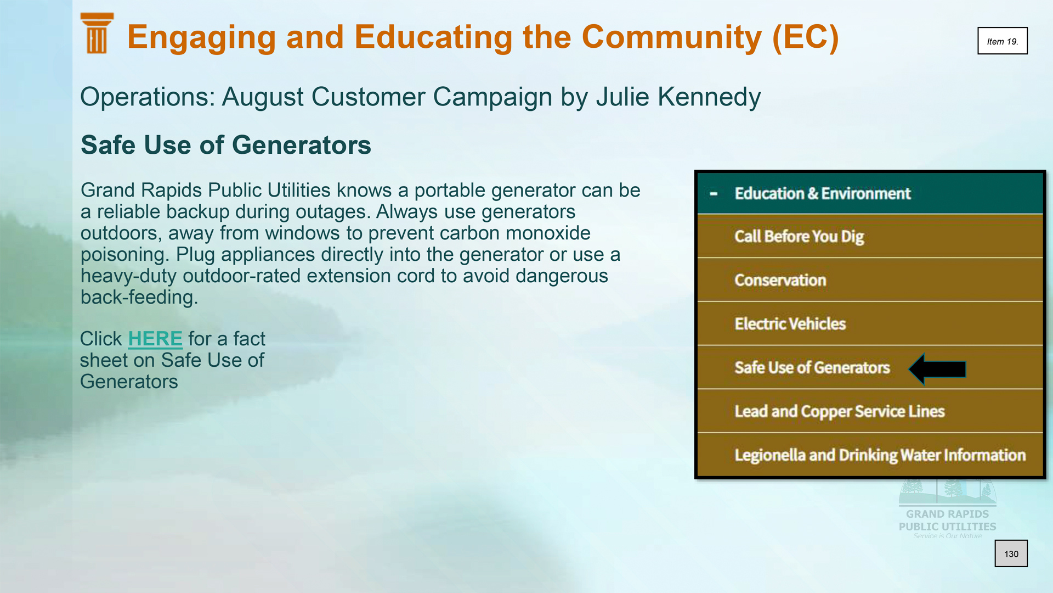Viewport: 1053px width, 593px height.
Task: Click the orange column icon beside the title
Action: pos(97,33)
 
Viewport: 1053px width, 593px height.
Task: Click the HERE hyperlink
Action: pos(155,339)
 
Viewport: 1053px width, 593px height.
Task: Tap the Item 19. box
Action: pos(1003,41)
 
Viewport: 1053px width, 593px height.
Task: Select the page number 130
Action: pos(1011,554)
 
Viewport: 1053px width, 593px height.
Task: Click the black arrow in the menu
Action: pos(937,369)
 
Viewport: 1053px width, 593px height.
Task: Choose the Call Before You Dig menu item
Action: pos(799,237)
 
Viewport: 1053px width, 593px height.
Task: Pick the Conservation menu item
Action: pos(780,280)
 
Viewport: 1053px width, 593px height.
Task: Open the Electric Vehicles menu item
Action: pos(790,324)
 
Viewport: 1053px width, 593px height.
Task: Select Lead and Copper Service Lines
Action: pos(840,411)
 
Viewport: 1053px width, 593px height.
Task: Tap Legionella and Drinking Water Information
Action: pos(880,455)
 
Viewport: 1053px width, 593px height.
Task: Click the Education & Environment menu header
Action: pos(823,193)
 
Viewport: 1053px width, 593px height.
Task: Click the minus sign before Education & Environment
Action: pos(714,194)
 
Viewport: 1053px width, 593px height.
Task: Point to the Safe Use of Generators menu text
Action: pos(812,367)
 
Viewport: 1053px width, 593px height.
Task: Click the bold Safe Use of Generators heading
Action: pos(226,145)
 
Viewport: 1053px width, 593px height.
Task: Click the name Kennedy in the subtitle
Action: pos(709,97)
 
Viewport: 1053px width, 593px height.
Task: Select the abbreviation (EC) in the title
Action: pos(806,37)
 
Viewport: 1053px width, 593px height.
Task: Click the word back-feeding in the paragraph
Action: pos(139,297)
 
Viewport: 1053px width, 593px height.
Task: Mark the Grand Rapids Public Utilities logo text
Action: pos(948,521)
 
